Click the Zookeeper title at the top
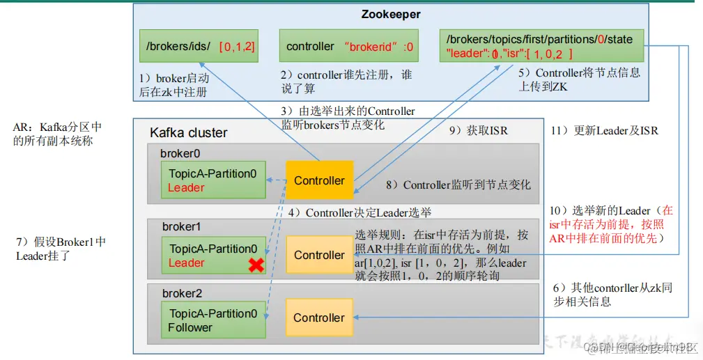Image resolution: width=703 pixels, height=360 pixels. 391,14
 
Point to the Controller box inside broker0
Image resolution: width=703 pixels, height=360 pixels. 319,180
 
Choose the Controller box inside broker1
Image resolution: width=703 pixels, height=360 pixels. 319,255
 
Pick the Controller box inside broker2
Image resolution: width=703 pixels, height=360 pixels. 319,318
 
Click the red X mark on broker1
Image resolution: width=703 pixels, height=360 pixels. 256,265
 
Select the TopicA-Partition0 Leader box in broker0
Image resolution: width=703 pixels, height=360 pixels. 213,180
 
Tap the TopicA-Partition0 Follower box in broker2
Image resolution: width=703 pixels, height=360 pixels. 213,320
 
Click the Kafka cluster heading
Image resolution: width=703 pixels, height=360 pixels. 188,132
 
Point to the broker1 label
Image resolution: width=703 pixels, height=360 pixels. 181,227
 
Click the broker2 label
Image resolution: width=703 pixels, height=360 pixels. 182,293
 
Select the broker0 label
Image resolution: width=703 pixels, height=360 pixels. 180,152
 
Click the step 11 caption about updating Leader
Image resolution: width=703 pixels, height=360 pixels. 604,130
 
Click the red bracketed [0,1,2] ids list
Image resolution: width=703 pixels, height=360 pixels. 237,47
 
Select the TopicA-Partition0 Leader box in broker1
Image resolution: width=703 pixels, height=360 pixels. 213,256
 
